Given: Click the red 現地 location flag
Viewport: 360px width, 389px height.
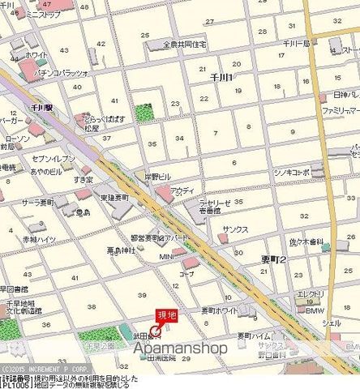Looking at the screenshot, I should (x=165, y=316).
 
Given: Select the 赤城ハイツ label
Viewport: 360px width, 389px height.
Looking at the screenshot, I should (x=39, y=240).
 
